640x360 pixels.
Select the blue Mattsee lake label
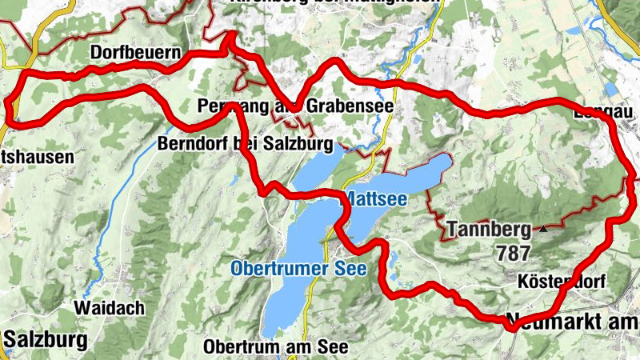374,198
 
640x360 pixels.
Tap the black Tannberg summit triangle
544,229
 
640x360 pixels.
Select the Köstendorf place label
563,282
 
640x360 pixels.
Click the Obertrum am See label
276,347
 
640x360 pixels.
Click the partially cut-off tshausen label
36,157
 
